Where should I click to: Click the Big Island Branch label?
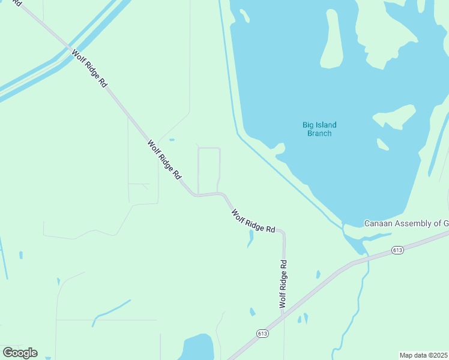coord(319,129)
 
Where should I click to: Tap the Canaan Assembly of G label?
coord(406,223)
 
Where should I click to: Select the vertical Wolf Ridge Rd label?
coord(283,284)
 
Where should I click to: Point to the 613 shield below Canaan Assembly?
coord(397,249)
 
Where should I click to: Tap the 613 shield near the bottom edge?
coord(262,334)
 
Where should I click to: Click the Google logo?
coord(20,353)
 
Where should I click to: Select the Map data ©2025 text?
coord(424,355)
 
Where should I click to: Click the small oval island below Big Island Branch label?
coord(382,144)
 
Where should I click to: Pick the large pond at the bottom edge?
coord(196,348)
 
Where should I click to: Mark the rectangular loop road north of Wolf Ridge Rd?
coord(209,170)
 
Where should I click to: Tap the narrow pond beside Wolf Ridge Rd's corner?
coord(250,239)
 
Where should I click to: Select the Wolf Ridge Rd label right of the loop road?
coord(253,220)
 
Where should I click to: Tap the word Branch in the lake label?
coord(319,133)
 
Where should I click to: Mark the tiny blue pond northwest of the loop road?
coord(172,140)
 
